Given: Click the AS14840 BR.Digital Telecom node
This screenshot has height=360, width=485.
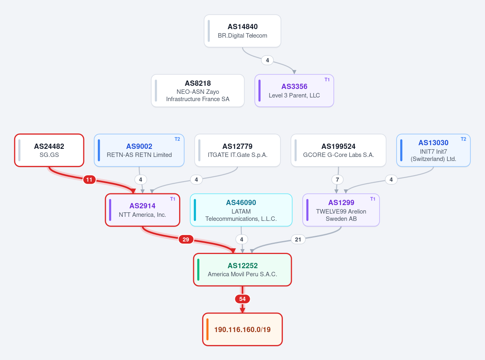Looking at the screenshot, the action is pyautogui.click(x=242, y=31).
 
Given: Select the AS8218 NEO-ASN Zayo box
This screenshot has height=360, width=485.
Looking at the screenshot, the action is pyautogui.click(x=198, y=91).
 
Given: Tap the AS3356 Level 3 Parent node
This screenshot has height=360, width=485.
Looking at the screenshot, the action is pyautogui.click(x=294, y=91).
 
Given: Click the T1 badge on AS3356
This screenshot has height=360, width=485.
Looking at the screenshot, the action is pyautogui.click(x=327, y=80).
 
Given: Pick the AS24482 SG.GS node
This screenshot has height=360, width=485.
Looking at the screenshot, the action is pyautogui.click(x=49, y=150).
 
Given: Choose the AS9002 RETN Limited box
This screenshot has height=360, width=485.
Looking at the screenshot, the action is pyautogui.click(x=139, y=150).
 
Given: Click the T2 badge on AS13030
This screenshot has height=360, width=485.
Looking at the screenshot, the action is pyautogui.click(x=463, y=139).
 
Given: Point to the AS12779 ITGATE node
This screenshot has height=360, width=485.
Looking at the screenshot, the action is pyautogui.click(x=238, y=150).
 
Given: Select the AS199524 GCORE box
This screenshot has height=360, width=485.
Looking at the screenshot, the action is pyautogui.click(x=338, y=150).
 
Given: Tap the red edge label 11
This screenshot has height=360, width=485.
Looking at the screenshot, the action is pyautogui.click(x=89, y=180).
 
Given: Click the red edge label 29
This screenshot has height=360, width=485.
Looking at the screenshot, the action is pyautogui.click(x=186, y=239).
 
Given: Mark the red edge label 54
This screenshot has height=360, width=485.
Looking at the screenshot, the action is pyautogui.click(x=242, y=299).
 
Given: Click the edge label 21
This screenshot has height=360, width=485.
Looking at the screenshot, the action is pyautogui.click(x=298, y=239).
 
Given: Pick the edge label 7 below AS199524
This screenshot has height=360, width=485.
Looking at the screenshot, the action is pyautogui.click(x=337, y=180).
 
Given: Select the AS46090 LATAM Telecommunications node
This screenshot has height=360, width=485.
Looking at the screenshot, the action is pyautogui.click(x=241, y=210).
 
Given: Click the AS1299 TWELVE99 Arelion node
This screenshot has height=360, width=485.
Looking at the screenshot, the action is pyautogui.click(x=341, y=210).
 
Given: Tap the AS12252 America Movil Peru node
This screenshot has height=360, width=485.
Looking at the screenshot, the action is pyautogui.click(x=242, y=270).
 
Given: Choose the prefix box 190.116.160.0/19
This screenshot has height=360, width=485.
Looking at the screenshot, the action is pyautogui.click(x=242, y=329).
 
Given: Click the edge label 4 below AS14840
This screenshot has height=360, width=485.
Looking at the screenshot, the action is pyautogui.click(x=268, y=60).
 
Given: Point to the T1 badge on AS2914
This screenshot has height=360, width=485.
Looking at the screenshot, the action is pyautogui.click(x=173, y=199).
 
